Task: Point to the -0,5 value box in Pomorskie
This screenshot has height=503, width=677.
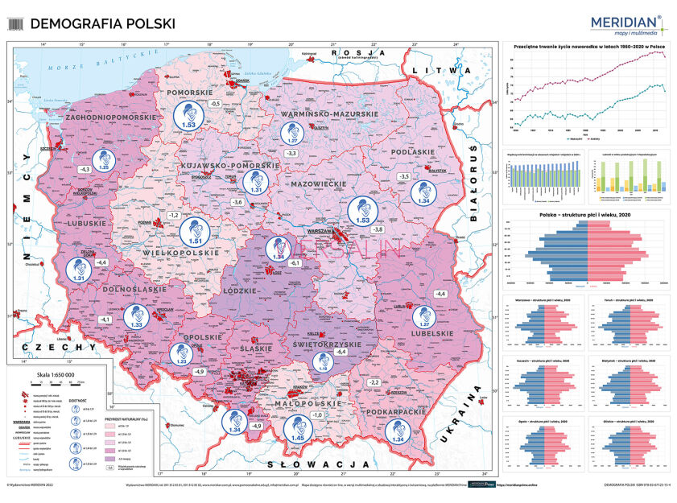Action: click(x=215, y=104)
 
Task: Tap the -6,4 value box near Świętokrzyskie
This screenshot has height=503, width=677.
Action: click(x=340, y=352)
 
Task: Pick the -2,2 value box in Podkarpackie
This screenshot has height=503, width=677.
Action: click(x=374, y=381)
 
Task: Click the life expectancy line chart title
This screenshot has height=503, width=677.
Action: click(x=585, y=47)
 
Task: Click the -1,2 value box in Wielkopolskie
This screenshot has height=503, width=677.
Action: click(x=172, y=216)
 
